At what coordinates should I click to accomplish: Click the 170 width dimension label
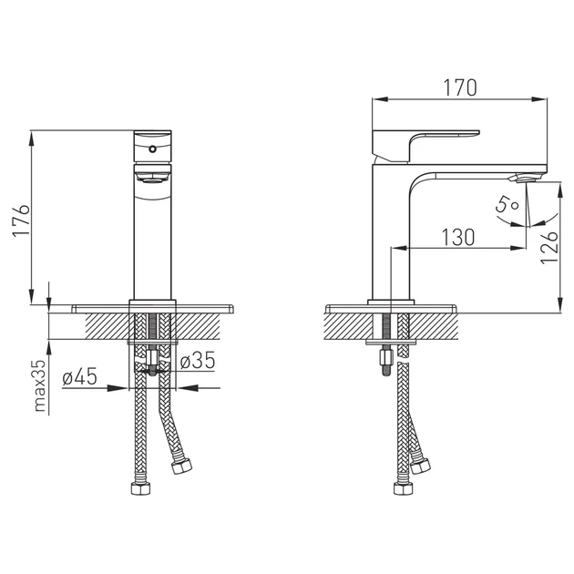tap(460, 87)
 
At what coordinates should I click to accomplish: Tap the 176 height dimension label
tap(21, 220)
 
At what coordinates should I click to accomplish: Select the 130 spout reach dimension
tap(458, 237)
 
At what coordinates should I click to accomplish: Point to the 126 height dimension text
tap(549, 247)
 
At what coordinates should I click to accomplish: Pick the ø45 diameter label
tap(79, 376)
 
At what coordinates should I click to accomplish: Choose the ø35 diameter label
tap(198, 360)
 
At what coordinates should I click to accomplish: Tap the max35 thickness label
tap(39, 385)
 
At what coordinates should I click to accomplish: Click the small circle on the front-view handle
tap(152, 149)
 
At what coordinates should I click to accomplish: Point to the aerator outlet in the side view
tap(522, 178)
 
